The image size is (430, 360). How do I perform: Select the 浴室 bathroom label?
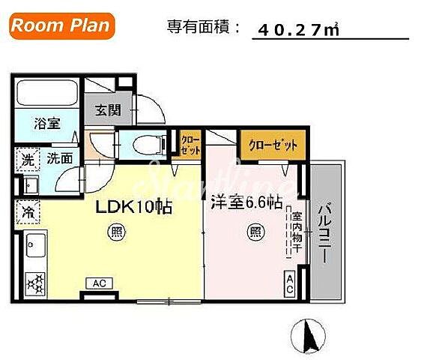[47, 124]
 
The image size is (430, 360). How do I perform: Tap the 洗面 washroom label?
[61, 158]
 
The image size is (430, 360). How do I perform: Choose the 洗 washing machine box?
[27, 159]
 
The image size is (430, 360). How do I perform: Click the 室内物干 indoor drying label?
[296, 229]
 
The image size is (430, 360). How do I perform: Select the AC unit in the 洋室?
[289, 283]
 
